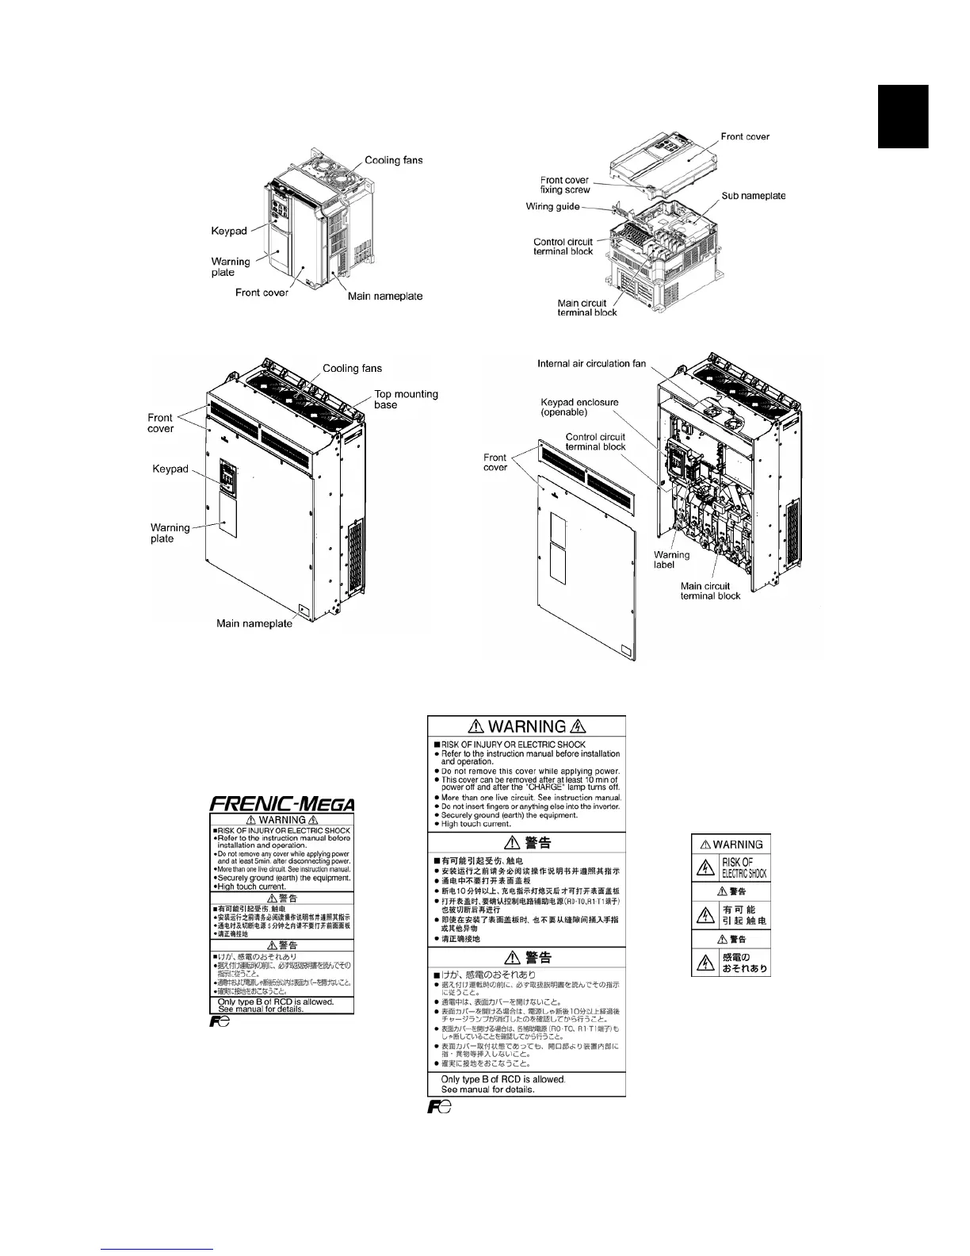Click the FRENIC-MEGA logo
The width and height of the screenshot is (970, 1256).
pyautogui.click(x=281, y=802)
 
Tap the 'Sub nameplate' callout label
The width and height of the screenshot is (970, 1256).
pyautogui.click(x=753, y=195)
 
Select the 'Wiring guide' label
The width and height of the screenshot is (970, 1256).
pyautogui.click(x=553, y=207)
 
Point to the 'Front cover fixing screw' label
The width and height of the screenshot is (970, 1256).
pyautogui.click(x=565, y=185)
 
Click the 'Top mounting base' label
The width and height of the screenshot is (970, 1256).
pyautogui.click(x=406, y=399)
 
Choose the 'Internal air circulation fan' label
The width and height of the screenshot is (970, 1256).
pyautogui.click(x=591, y=364)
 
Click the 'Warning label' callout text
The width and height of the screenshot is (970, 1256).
pyautogui.click(x=671, y=560)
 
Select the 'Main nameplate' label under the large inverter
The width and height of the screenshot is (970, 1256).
pyautogui.click(x=254, y=623)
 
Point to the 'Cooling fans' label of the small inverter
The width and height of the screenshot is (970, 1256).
pyautogui.click(x=394, y=160)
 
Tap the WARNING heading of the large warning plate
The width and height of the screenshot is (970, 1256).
pyautogui.click(x=526, y=726)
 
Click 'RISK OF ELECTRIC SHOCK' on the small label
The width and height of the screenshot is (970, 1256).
pyautogui.click(x=743, y=867)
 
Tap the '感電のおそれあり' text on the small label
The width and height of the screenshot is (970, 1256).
pyautogui.click(x=743, y=963)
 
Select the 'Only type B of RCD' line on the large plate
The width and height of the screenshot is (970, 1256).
pyautogui.click(x=503, y=1079)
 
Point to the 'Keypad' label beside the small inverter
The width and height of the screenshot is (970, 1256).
pyautogui.click(x=229, y=231)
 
